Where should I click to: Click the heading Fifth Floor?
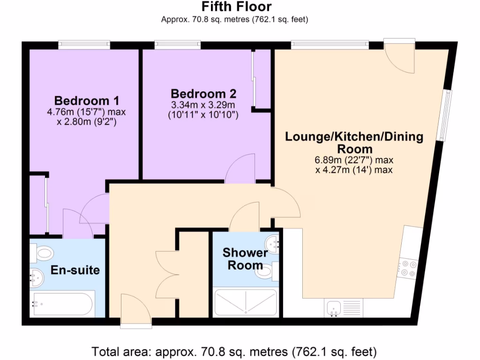coord(236,7)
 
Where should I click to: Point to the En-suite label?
coord(75,270)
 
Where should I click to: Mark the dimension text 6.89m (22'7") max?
coord(354,160)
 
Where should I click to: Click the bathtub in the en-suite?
coord(62,304)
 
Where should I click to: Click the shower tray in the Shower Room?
coord(245,302)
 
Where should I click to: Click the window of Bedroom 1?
coord(84,45)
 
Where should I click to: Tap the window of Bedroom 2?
coord(178,45)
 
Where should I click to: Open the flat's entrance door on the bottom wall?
coord(135,309)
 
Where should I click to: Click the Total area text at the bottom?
coord(234,351)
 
